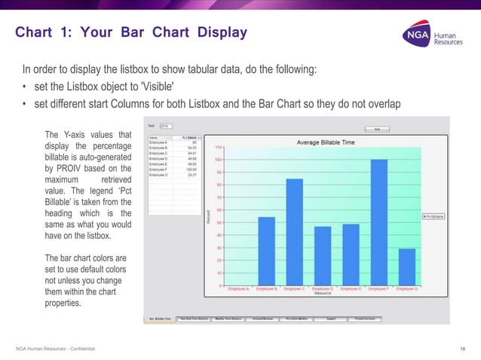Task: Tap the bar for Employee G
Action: pyautogui.click(x=406, y=267)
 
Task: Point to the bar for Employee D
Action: pyautogui.click(x=323, y=256)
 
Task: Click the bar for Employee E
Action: pyautogui.click(x=351, y=255)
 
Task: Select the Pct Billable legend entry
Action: pyautogui.click(x=435, y=216)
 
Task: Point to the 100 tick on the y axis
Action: pyautogui.click(x=218, y=160)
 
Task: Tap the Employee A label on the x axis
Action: pyautogui.click(x=237, y=288)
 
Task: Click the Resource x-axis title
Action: pyautogui.click(x=323, y=294)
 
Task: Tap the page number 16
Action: pyautogui.click(x=462, y=348)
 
